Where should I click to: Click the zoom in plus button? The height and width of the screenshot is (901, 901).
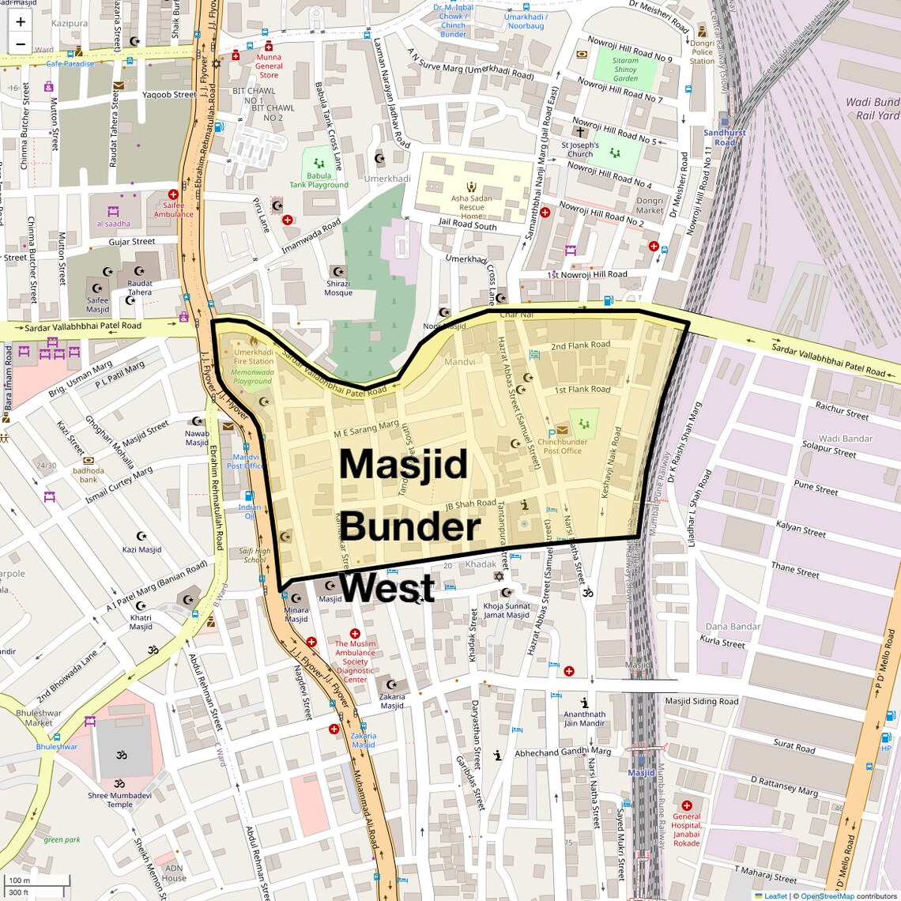(x=21, y=22)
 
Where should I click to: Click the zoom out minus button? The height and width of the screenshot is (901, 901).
(x=21, y=44)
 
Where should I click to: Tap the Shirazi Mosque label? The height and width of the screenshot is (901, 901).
(x=338, y=288)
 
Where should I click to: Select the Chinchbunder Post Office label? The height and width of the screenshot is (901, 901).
(x=562, y=447)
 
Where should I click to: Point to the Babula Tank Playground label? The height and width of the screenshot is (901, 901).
(x=319, y=180)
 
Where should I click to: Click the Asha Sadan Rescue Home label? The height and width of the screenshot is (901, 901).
(x=472, y=207)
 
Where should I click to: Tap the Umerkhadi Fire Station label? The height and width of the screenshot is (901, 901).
(x=254, y=356)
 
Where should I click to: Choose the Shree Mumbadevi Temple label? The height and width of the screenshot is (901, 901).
(x=119, y=800)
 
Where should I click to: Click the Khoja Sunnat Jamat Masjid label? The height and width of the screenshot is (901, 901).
(x=507, y=610)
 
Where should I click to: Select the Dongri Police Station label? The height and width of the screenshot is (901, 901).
(x=702, y=52)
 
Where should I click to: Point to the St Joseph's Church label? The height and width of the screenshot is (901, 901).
(x=580, y=149)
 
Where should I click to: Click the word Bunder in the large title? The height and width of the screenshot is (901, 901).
(x=409, y=527)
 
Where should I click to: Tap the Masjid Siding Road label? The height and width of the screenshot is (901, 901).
(x=701, y=701)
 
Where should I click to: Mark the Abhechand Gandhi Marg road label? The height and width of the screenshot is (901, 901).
(x=563, y=752)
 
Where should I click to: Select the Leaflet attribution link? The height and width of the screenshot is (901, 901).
(x=775, y=895)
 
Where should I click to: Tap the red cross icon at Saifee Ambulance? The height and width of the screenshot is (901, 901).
(x=173, y=194)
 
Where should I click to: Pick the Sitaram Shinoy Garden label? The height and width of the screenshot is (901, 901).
(x=625, y=70)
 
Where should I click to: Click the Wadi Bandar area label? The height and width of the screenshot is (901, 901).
(x=846, y=439)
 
